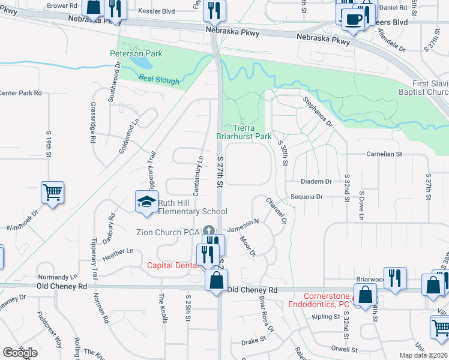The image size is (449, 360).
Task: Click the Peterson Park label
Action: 136,53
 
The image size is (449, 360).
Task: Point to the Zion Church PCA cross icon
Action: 209,230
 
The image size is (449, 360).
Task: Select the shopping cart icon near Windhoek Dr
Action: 52,193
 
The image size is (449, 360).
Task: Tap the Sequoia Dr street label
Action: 307,196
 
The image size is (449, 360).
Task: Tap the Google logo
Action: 20,353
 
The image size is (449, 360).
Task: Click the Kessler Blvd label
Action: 156,11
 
